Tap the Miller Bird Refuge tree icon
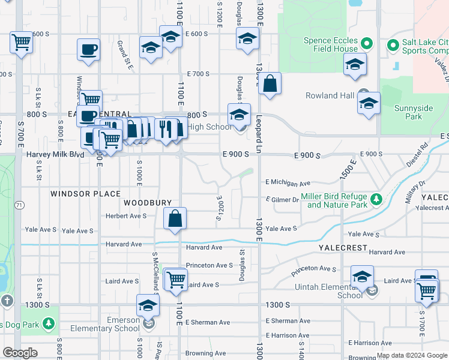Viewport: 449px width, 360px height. pos(375,199)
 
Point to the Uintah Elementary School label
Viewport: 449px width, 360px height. pos(342,292)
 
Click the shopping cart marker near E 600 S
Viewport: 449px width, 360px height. pos(21,43)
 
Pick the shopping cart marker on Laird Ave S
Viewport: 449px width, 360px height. pos(176,279)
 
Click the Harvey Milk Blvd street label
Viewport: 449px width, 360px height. pos(55,154)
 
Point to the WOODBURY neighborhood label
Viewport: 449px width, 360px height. pos(148,203)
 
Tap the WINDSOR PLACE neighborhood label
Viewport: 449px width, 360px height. pos(86,194)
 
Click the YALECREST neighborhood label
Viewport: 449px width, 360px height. pos(342,247)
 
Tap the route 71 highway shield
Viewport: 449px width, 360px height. pos(19,205)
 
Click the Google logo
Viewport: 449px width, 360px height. pos(20,353)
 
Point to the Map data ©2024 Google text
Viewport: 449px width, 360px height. pos(411,355)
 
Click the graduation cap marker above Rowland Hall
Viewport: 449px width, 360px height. pos(355,63)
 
